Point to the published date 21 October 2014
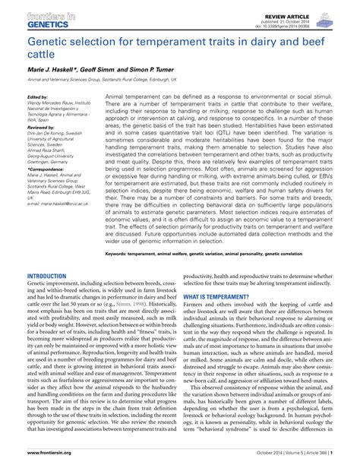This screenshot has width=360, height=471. coord(293,21)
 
